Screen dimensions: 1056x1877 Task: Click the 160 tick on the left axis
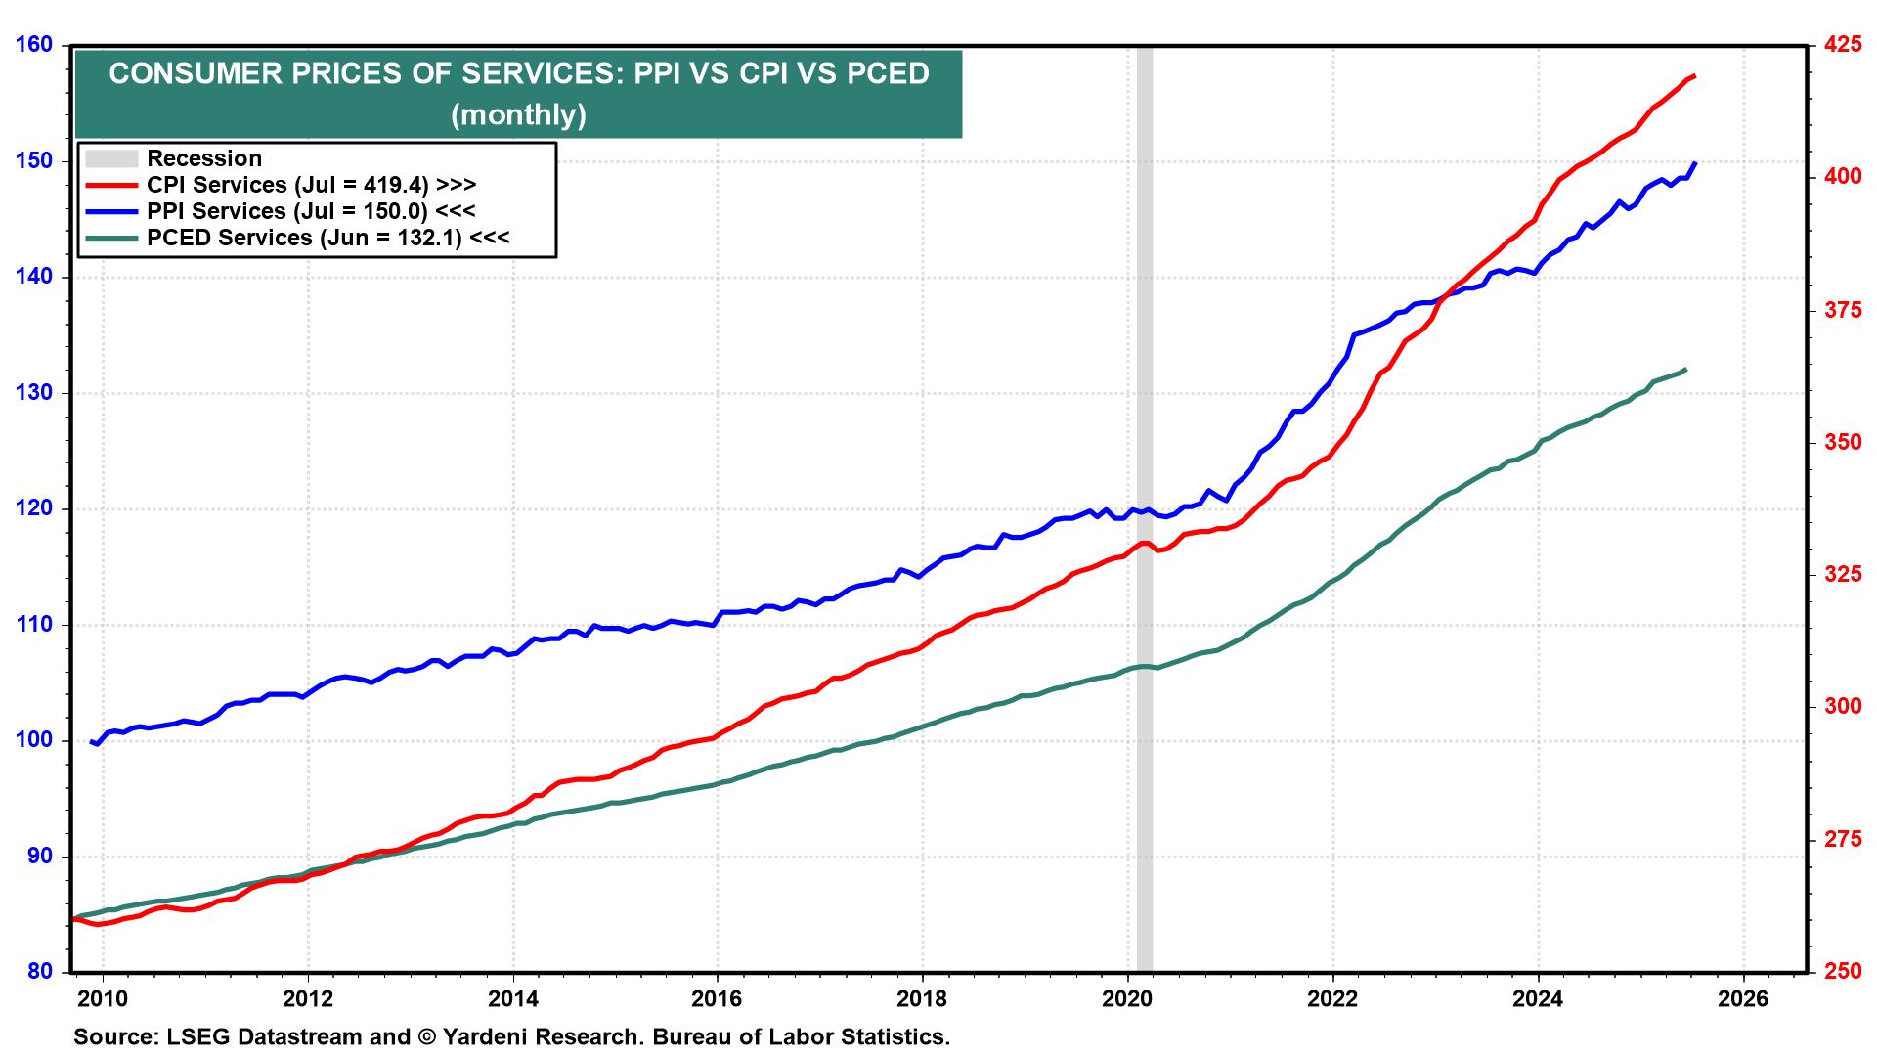point(34,45)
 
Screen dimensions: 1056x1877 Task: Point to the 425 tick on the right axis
point(1843,45)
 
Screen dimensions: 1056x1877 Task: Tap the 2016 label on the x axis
point(717,998)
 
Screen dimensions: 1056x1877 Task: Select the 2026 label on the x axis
point(1743,998)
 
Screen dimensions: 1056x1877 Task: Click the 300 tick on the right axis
point(1843,706)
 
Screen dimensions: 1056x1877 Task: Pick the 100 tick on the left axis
point(34,740)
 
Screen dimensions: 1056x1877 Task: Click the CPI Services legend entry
point(311,185)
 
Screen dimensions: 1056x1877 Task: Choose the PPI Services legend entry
point(311,211)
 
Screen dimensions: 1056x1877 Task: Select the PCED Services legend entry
point(327,238)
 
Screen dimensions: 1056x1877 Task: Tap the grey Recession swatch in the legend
point(110,158)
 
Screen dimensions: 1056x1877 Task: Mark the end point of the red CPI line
point(1694,75)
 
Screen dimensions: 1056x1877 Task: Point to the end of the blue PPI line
point(1695,162)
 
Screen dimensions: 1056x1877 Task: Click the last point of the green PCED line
point(1685,370)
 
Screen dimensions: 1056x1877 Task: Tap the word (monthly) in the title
point(518,115)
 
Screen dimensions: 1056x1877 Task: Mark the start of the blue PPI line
point(91,741)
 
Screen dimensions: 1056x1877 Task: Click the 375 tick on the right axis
point(1843,310)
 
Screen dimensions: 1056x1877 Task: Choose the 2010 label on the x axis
point(103,998)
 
